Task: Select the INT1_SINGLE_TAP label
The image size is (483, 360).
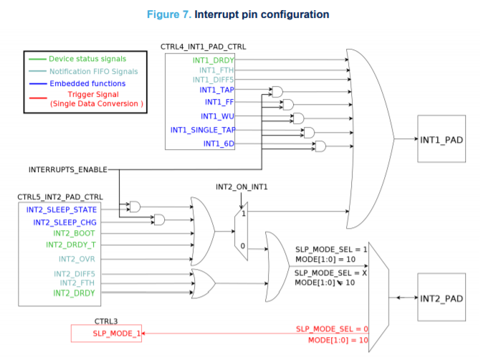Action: pyautogui.click(x=204, y=130)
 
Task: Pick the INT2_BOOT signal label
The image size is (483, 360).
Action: pyautogui.click(x=74, y=233)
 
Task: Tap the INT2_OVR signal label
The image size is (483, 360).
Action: pyautogui.click(x=77, y=259)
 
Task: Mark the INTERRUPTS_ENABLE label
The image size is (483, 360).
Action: pyautogui.click(x=67, y=169)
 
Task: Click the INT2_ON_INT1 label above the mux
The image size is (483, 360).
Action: pyautogui.click(x=241, y=187)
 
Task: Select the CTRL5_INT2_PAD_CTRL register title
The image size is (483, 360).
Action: pyautogui.click(x=60, y=196)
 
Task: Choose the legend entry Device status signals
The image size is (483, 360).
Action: pyautogui.click(x=87, y=58)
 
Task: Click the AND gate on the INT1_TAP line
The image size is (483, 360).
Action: pyautogui.click(x=277, y=91)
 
